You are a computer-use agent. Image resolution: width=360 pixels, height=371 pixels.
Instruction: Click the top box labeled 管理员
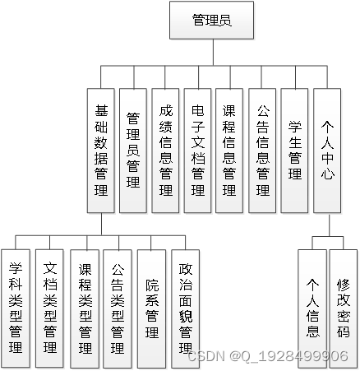[211, 20]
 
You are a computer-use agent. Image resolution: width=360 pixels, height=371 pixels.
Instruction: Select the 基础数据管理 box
[102, 151]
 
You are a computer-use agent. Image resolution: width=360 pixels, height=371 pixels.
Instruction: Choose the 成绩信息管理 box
[166, 151]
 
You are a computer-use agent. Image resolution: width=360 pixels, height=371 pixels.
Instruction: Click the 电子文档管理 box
[198, 151]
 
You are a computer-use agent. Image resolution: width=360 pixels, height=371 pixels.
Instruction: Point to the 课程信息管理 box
[230, 151]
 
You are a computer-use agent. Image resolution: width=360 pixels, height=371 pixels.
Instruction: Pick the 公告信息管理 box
[262, 151]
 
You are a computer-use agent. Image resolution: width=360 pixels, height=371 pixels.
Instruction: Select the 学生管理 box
[294, 151]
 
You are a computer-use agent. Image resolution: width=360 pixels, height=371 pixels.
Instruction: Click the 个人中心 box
[327, 151]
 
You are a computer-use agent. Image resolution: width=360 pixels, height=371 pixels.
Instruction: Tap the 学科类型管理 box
[16, 308]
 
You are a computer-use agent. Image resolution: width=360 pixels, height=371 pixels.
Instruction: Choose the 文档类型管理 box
[49, 308]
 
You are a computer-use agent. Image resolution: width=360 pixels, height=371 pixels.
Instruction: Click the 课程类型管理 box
[84, 308]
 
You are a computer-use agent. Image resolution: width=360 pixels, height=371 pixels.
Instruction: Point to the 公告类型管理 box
[118, 308]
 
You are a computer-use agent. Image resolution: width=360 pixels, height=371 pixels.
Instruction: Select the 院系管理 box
[152, 308]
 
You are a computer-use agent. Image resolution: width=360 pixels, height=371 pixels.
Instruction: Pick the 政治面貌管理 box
[186, 308]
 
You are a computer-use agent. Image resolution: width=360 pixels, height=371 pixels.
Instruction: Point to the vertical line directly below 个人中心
[327, 224]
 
